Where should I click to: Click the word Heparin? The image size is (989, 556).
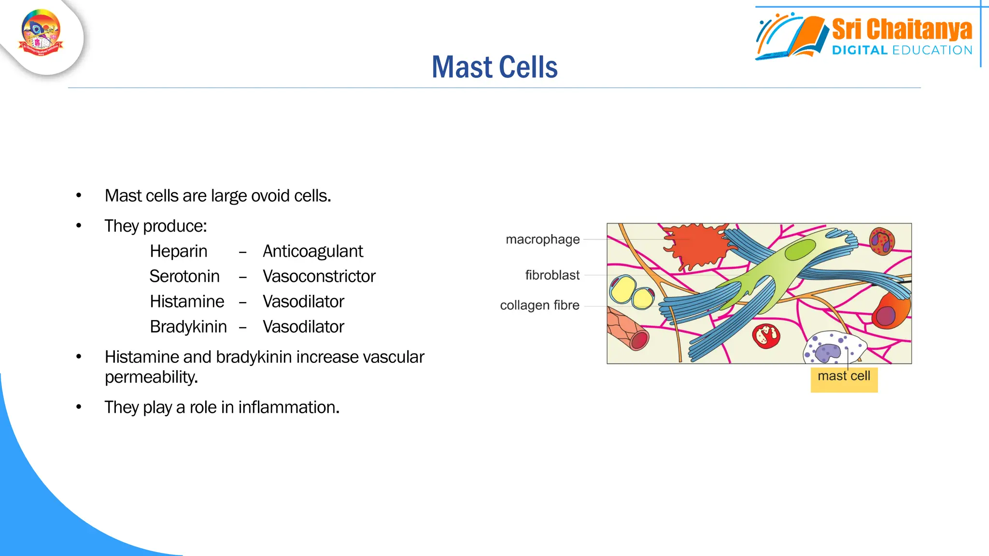coord(178,251)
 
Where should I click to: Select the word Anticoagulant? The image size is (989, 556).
coord(312,251)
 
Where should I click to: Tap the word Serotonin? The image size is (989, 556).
coord(184,277)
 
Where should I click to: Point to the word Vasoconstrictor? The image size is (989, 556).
coord(319,277)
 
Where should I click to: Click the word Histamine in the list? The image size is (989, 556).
coord(187,302)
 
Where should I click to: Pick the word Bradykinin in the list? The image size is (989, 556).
coord(188,327)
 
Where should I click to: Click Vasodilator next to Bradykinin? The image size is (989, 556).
coord(303,327)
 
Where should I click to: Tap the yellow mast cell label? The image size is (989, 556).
coord(844,376)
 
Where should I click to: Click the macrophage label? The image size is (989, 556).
coord(542,239)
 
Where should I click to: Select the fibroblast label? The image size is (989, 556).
coord(552,275)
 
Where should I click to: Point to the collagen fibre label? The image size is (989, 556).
coord(539,306)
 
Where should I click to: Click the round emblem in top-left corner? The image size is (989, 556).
coord(41,33)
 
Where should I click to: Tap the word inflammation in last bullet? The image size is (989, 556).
coord(288,407)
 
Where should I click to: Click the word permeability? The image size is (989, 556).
coord(151,377)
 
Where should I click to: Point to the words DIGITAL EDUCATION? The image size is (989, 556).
coord(902,50)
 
